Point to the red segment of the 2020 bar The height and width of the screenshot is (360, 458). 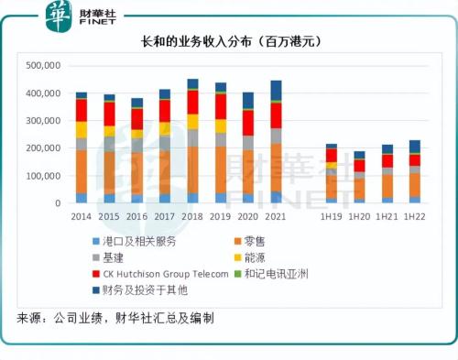click(x=248, y=123)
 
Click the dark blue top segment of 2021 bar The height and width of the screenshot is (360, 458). click(x=276, y=91)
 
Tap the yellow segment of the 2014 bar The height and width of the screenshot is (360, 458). click(x=82, y=129)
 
